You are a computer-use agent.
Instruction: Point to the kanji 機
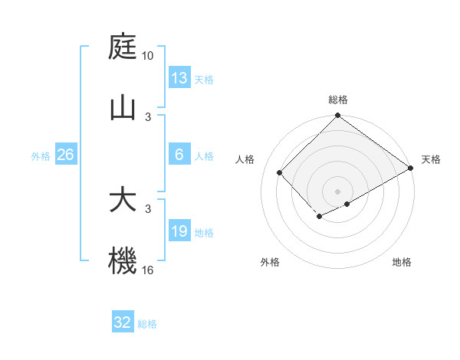click(x=123, y=260)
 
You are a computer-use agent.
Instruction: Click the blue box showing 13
click(x=179, y=78)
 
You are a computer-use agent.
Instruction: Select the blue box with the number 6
click(x=179, y=155)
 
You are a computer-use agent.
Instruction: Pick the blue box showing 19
click(x=179, y=231)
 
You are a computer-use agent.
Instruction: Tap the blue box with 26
click(x=65, y=155)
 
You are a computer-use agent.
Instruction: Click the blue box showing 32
click(x=123, y=322)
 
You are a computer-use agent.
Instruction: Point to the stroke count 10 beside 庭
click(x=148, y=56)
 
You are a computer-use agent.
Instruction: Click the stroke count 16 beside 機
click(x=148, y=270)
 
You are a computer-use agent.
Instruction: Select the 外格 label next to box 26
click(x=41, y=155)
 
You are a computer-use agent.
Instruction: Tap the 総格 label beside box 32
click(x=147, y=323)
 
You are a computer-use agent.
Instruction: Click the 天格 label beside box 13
click(x=203, y=79)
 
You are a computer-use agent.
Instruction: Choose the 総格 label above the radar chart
click(x=338, y=100)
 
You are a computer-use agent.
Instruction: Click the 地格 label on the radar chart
click(x=402, y=263)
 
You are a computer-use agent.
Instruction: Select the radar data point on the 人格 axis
click(x=280, y=172)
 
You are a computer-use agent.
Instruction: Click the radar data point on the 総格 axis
click(x=337, y=116)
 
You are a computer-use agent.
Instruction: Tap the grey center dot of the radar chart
click(x=337, y=191)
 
